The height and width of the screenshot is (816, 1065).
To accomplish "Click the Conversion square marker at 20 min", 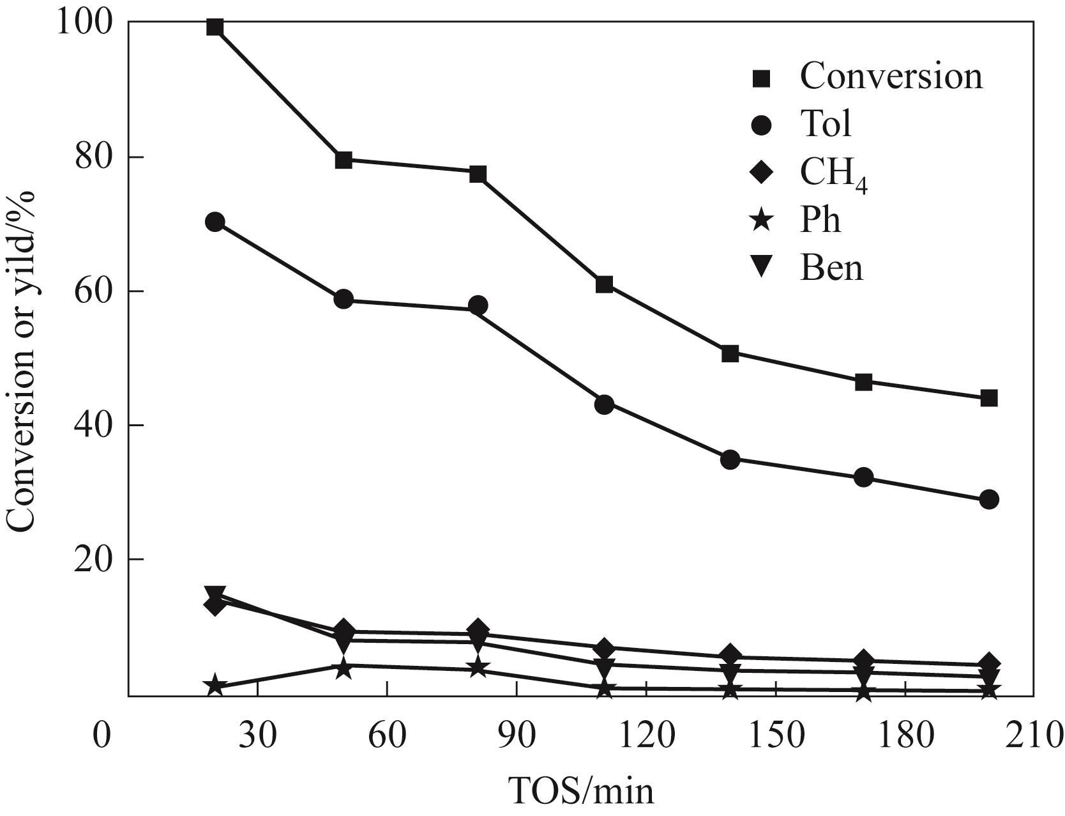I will pyautogui.click(x=215, y=27).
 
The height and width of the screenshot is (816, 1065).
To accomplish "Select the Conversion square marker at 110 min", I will pyautogui.click(x=604, y=284).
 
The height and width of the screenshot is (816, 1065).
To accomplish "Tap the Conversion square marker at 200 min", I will pyautogui.click(x=989, y=399).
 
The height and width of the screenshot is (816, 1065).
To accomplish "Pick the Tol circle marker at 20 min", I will pyautogui.click(x=215, y=222).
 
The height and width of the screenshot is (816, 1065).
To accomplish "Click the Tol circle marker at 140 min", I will pyautogui.click(x=730, y=459).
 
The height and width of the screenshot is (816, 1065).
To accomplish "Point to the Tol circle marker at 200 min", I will pyautogui.click(x=989, y=500).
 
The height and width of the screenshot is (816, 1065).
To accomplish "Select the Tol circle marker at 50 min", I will pyautogui.click(x=344, y=299).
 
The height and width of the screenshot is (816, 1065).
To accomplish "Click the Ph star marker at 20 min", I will pyautogui.click(x=215, y=686).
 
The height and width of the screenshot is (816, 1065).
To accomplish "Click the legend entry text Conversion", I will pyautogui.click(x=891, y=76).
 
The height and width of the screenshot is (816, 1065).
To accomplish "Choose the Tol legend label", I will pyautogui.click(x=826, y=123).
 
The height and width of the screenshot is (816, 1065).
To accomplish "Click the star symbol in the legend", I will pyautogui.click(x=762, y=222).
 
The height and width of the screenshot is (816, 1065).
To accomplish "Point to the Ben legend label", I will pyautogui.click(x=831, y=268).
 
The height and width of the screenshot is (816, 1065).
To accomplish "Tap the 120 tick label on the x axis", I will pyautogui.click(x=646, y=735).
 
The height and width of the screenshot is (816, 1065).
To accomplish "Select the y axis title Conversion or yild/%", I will pyautogui.click(x=21, y=359).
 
